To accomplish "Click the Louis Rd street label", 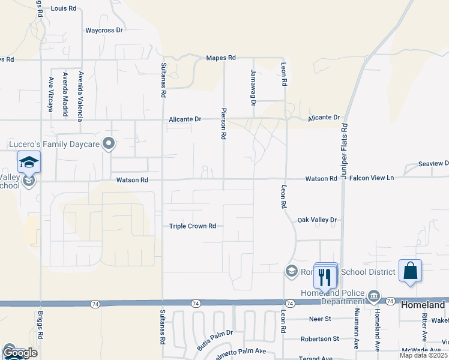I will click(64, 9).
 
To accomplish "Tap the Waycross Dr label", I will click(104, 30).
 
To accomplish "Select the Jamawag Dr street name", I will click(253, 88).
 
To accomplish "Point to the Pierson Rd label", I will click(223, 124).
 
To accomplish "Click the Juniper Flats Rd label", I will click(345, 145).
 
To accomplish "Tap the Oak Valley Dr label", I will click(318, 220).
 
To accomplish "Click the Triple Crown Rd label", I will click(192, 226).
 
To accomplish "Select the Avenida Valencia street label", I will click(79, 96).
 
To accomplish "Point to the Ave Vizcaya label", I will click(50, 95).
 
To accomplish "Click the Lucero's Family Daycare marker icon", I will click(109, 143).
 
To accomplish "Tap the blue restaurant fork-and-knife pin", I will click(325, 277).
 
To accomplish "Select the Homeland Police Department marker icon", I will click(373, 295).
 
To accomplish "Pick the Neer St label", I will click(319, 319).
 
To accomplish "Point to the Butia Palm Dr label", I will click(214, 339).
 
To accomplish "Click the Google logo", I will click(20, 353).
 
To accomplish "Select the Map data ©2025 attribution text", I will click(423, 355).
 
